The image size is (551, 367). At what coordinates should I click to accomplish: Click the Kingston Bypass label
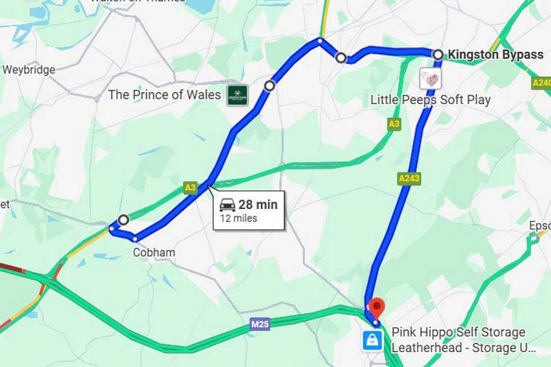pos(495,55)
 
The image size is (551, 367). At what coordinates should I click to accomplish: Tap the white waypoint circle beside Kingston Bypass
pos(437,54)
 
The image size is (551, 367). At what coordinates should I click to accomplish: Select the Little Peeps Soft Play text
pos(430,99)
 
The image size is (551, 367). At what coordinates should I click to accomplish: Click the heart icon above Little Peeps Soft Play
pos(430,78)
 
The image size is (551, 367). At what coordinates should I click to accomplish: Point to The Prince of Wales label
pos(164,95)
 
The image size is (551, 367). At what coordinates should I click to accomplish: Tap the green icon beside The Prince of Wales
pos(237,95)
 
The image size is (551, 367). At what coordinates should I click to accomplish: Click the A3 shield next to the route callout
pos(189,187)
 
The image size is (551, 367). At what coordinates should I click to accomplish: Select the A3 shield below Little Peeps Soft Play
pos(394,124)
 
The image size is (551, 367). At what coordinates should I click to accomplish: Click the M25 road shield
pos(260,325)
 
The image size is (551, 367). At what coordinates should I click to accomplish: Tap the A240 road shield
pos(541,83)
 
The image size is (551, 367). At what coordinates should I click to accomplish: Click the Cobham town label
pos(154,253)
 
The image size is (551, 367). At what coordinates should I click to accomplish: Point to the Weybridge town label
pos(29,70)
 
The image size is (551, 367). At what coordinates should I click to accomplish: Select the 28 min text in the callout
pos(258,205)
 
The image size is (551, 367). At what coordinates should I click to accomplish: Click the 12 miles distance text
pos(238,218)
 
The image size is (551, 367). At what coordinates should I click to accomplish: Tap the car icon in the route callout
pos(227,205)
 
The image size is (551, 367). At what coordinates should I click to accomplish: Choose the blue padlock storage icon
pos(372,340)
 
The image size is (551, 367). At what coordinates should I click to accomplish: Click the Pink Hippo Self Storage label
pos(458,333)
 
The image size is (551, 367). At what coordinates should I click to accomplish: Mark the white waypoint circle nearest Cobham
pos(123,220)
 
